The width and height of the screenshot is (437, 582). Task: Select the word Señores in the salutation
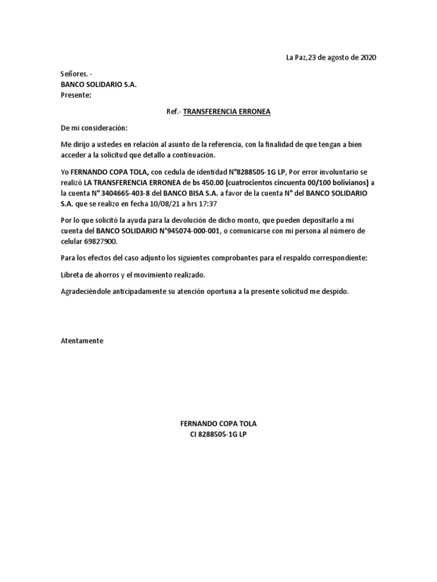pyautogui.click(x=73, y=74)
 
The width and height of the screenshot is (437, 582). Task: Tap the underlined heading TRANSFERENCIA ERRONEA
pyautogui.click(x=218, y=111)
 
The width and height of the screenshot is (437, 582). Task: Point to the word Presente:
pyautogui.click(x=76, y=95)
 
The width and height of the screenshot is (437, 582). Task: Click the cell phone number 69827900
pyautogui.click(x=101, y=241)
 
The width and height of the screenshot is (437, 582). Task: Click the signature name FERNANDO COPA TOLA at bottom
pyautogui.click(x=218, y=424)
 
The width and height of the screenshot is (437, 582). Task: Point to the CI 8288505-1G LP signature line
pyautogui.click(x=218, y=435)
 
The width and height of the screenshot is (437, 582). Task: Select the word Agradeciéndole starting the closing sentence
pyautogui.click(x=88, y=292)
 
